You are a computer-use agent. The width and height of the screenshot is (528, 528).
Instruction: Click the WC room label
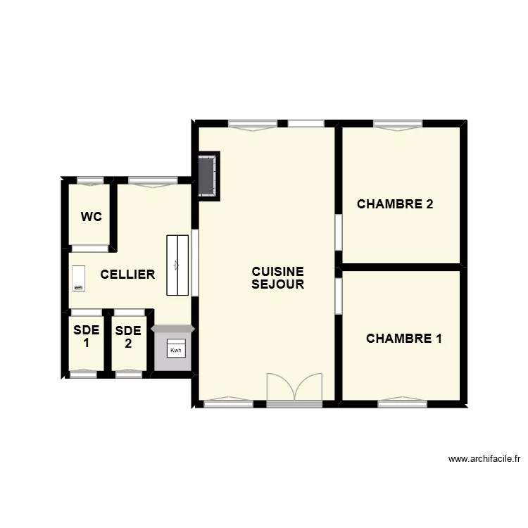pos(91,217)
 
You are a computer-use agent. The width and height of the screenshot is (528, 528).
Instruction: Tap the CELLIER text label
pos(127,275)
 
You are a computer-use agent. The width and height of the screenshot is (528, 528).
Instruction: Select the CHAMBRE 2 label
pos(395,204)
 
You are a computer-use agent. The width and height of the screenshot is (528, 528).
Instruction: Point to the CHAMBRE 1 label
pos(404,339)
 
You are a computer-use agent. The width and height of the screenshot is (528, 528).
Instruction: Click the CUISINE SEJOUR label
pos(278,278)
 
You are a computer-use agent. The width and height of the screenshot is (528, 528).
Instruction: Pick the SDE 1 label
pos(87,337)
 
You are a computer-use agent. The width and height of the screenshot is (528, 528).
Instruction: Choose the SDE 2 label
pos(128,337)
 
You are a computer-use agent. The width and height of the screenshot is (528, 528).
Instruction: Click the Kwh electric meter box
pos(175,349)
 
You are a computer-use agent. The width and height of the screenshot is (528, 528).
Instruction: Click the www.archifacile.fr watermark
pos(484,459)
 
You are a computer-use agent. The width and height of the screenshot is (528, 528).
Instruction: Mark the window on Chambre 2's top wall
pos(398,125)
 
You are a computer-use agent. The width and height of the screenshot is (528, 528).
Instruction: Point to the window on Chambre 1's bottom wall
pos(402,403)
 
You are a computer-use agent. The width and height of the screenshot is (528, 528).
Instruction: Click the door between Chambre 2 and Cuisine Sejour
pos(339,232)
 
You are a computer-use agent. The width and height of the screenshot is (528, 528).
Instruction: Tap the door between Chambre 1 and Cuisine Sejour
pos(339,296)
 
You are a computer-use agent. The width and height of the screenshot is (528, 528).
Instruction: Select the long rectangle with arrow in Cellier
pos(177,265)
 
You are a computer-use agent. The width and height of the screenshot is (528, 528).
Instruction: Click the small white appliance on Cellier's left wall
pos(78,278)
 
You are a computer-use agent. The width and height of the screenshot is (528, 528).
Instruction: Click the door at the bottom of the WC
pos(90,248)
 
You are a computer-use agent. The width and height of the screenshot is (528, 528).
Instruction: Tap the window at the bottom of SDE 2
pos(128,375)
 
